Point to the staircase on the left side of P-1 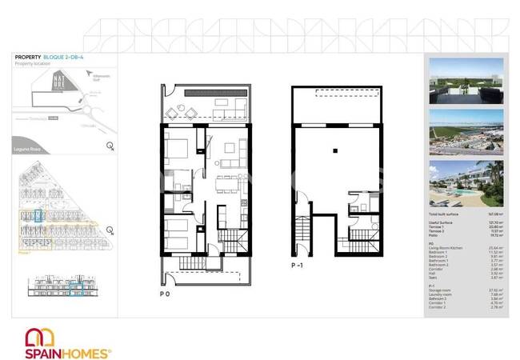coord(302,236)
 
